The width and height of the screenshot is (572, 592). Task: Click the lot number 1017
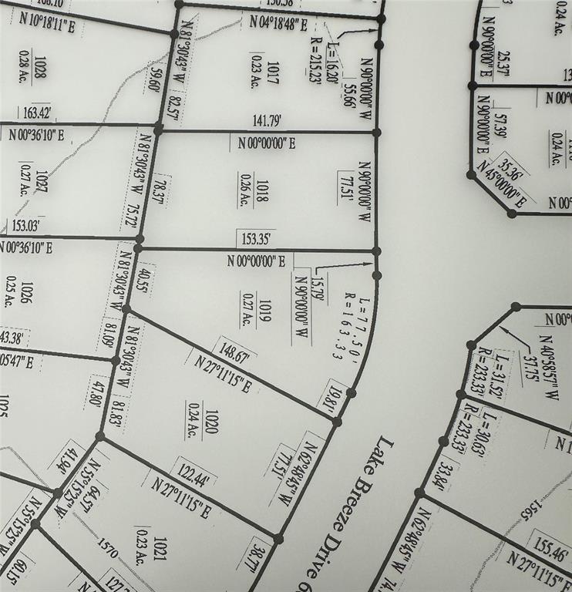click(x=274, y=68)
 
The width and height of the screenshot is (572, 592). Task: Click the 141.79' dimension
click(x=267, y=120)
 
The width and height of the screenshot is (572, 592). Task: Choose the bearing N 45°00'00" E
click(x=502, y=184)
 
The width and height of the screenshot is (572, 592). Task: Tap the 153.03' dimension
click(x=24, y=226)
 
